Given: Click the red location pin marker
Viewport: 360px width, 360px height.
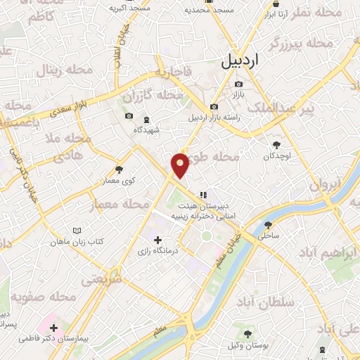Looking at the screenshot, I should [181, 165].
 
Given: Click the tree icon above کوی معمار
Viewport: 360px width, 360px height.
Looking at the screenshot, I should [119, 169].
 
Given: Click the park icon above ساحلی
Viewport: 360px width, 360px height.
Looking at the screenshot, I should [268, 225].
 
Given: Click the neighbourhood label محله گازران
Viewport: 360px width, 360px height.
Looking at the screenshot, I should [152, 94].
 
